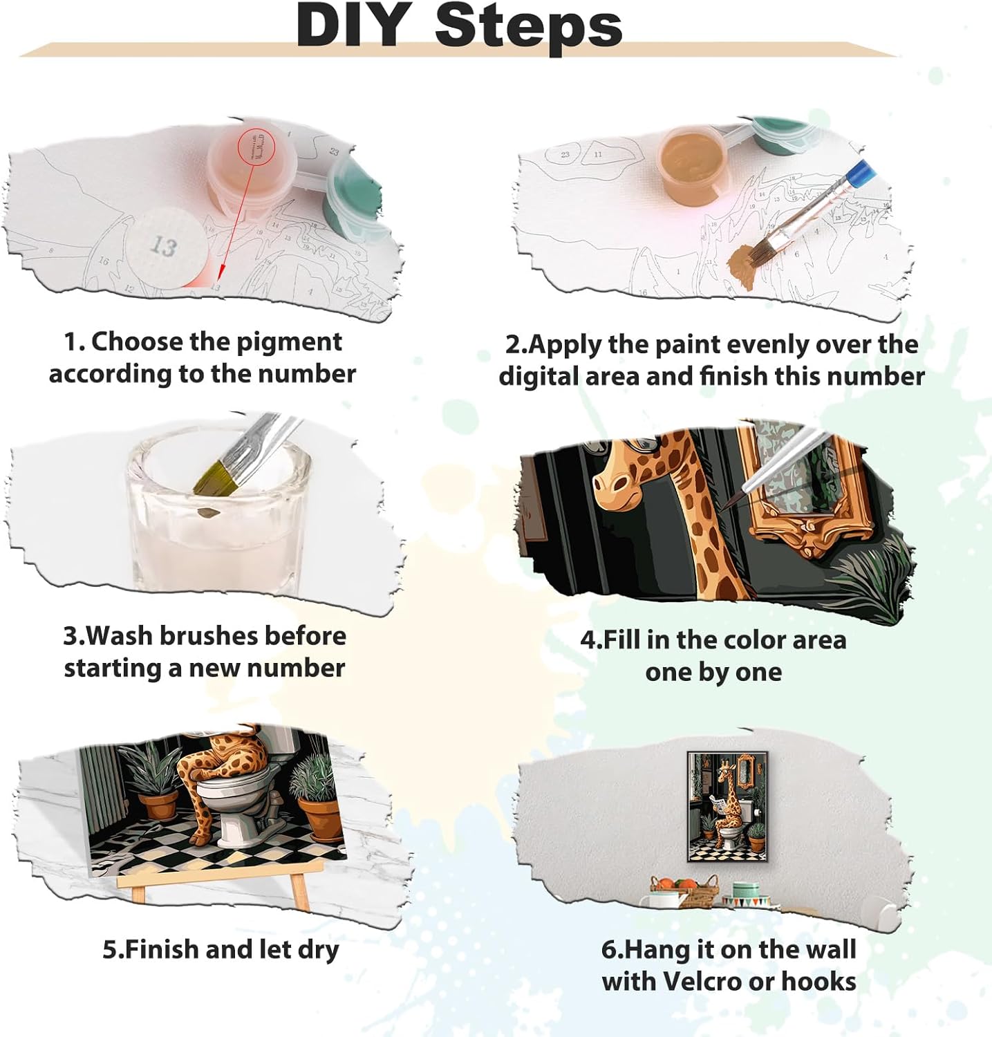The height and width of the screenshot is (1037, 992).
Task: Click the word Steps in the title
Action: [x=529, y=26]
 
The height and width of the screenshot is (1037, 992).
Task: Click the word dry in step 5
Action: [x=318, y=950]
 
